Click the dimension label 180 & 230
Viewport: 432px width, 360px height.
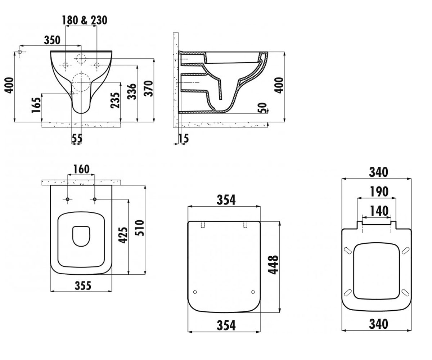[85, 20]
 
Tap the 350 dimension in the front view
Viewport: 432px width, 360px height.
[52, 40]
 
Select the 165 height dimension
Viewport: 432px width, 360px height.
[36, 105]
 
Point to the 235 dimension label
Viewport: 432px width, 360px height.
[115, 100]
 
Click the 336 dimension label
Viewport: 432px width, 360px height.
[132, 91]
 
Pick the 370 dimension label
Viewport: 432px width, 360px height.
[149, 88]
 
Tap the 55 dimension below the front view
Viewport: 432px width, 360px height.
[77, 138]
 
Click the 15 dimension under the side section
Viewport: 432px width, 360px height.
[184, 138]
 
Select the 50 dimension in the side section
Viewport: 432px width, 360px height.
[262, 108]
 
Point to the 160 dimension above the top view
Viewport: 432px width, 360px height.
[81, 169]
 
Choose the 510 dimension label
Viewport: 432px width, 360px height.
[139, 228]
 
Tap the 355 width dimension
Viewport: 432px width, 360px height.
[83, 286]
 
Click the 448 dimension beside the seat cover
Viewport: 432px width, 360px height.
[273, 265]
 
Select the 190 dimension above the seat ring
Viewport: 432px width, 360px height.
[379, 192]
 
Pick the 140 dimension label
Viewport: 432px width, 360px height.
[379, 211]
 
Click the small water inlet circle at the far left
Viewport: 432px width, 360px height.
[20, 52]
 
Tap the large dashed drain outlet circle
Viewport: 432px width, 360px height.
[81, 82]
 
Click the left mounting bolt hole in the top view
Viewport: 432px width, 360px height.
[68, 199]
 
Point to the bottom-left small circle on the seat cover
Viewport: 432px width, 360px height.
[195, 292]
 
